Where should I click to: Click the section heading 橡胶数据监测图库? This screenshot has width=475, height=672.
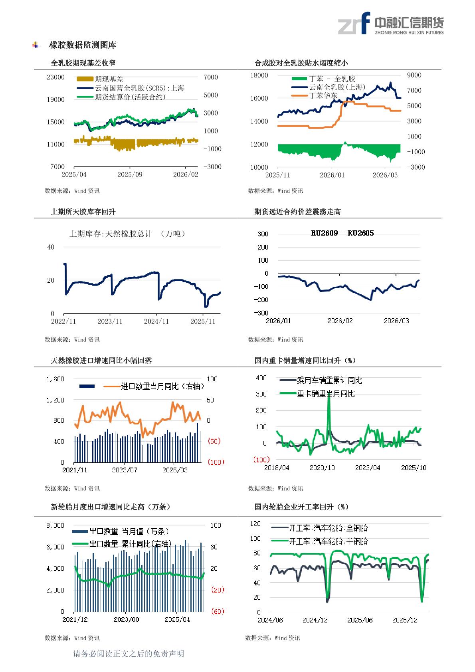tap(83, 45)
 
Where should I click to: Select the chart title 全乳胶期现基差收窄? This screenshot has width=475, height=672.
tap(83, 63)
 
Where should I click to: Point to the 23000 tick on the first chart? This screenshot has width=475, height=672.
tap(55, 77)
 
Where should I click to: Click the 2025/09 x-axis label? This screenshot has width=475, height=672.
tap(130, 174)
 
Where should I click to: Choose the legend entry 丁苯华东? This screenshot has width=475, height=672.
tap(323, 96)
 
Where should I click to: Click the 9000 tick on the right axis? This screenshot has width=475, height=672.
tap(414, 75)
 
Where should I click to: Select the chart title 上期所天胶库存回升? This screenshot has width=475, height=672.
tap(83, 212)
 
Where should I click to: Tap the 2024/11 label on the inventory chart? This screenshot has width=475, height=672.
tap(156, 321)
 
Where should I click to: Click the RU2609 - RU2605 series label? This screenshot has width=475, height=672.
tap(342, 233)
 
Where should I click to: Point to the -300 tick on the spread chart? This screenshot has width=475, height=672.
tap(261, 313)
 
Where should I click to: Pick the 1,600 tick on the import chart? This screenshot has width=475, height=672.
tap(55, 379)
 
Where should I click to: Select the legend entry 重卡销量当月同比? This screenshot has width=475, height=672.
tap(325, 394)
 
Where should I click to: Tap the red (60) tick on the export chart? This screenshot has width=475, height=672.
tap(217, 611)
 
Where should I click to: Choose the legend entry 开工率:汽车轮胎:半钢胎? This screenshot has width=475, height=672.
tap(328, 541)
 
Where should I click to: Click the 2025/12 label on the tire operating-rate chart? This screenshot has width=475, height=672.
tap(405, 620)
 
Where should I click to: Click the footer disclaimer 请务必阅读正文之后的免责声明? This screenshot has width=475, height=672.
tap(129, 654)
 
